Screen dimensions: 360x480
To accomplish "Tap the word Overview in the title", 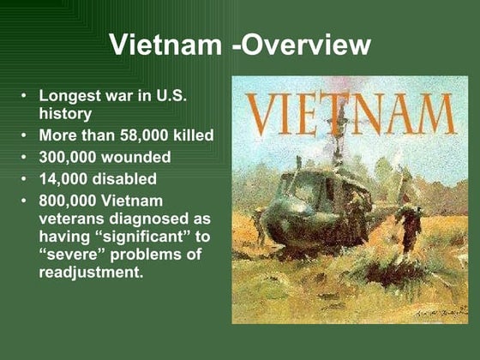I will [301, 45].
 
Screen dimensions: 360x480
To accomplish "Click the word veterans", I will [73, 219].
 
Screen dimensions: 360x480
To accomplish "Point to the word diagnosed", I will [151, 219].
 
